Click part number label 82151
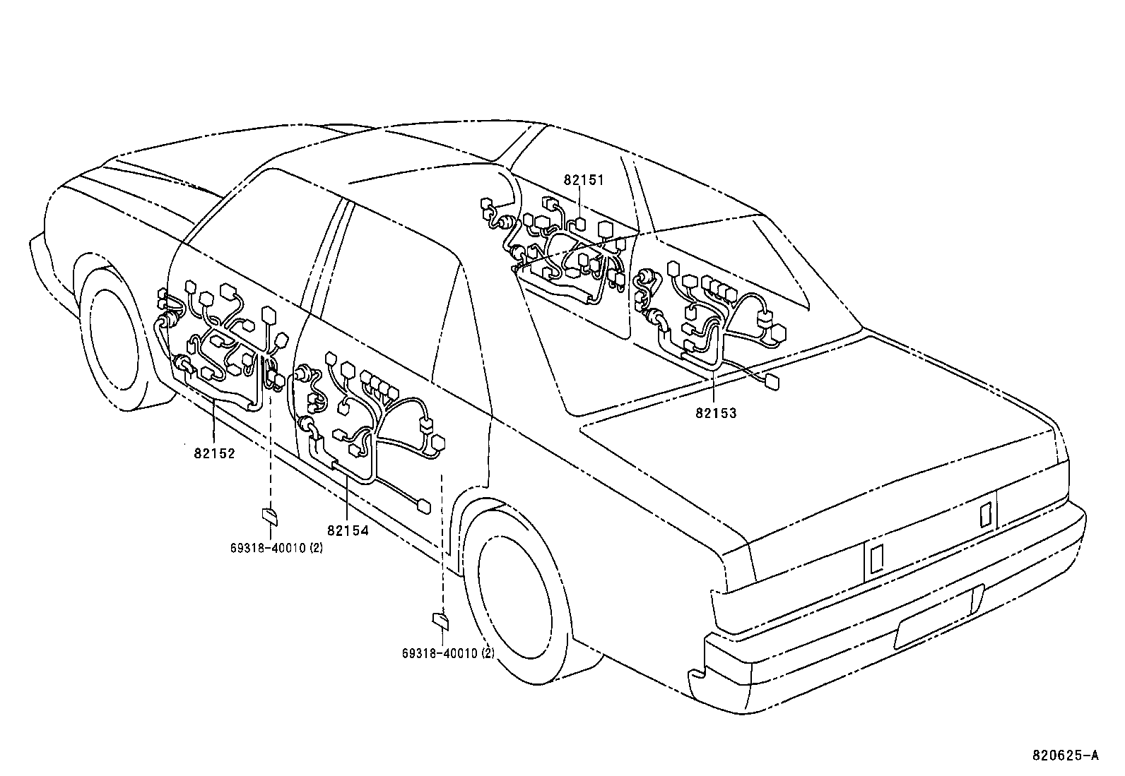pyautogui.click(x=584, y=180)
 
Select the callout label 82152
pyautogui.click(x=214, y=453)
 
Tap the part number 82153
pyautogui.click(x=715, y=413)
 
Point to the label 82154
pyautogui.click(x=348, y=530)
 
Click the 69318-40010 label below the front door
pyautogui.click(x=276, y=548)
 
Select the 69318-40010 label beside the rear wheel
pyautogui.click(x=448, y=654)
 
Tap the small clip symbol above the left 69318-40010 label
pyautogui.click(x=270, y=515)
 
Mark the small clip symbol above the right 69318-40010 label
pyautogui.click(x=440, y=621)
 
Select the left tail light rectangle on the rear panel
pyautogui.click(x=876, y=559)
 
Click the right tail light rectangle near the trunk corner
pyautogui.click(x=986, y=513)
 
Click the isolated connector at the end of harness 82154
pyautogui.click(x=424, y=506)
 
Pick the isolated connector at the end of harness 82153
pyautogui.click(x=773, y=382)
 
